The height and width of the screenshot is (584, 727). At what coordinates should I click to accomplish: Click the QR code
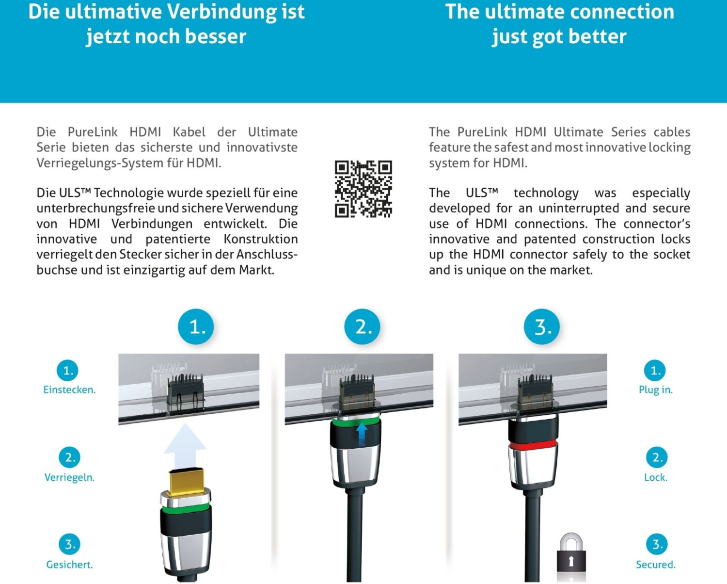point(363,189)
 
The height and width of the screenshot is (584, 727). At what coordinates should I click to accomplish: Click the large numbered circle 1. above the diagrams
point(196,326)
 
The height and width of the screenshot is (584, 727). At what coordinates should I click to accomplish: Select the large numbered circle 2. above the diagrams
point(362,326)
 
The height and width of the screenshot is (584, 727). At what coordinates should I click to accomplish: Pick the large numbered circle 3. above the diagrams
point(541,326)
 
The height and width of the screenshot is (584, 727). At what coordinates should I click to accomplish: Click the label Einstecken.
point(70,389)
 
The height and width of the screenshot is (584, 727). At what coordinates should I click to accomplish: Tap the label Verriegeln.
point(70,477)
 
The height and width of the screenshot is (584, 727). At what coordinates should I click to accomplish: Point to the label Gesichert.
point(70,565)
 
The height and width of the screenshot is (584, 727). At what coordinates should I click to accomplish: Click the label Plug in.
point(656,390)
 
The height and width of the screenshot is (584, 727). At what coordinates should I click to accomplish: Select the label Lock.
point(656,477)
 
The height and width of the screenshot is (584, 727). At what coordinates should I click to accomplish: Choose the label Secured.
point(656,565)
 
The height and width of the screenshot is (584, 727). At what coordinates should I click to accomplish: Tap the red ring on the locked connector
point(533,445)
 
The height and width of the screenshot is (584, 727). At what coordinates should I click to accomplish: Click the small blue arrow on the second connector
point(362,434)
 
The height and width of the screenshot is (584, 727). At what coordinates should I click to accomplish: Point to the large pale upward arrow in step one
point(185,447)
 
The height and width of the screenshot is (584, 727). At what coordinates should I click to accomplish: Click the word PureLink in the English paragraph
point(482,131)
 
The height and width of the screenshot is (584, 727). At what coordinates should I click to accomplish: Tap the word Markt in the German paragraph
point(256,270)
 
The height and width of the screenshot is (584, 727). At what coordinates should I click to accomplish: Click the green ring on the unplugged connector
point(186,508)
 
